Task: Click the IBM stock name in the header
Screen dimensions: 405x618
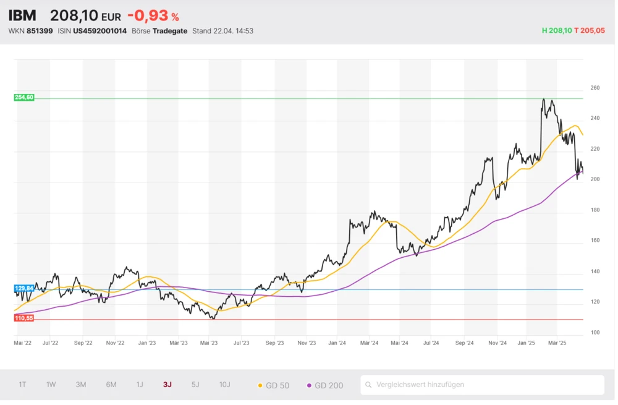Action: click(22, 15)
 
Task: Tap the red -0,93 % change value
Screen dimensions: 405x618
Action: click(153, 16)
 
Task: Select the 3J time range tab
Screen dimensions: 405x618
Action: click(167, 385)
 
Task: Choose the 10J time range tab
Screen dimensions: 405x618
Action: click(224, 385)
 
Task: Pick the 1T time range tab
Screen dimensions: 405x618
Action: click(22, 385)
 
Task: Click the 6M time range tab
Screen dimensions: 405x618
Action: click(111, 385)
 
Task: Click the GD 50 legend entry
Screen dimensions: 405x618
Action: click(273, 385)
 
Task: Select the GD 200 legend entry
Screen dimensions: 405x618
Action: click(325, 385)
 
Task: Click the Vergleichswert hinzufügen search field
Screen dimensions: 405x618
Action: click(482, 385)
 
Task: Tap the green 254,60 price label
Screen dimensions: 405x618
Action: click(24, 97)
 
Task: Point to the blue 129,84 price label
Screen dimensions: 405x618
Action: click(24, 289)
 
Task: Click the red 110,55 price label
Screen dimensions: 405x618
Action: click(24, 318)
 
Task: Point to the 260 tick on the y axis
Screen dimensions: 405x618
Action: click(595, 88)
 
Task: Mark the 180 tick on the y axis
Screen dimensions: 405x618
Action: click(595, 210)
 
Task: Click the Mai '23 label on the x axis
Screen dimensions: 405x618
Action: click(210, 342)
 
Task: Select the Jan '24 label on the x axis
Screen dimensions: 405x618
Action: click(337, 342)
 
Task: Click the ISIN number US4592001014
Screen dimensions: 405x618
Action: click(99, 30)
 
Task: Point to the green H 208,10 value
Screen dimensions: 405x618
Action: click(557, 30)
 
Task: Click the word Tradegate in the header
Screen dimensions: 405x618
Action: click(170, 30)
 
